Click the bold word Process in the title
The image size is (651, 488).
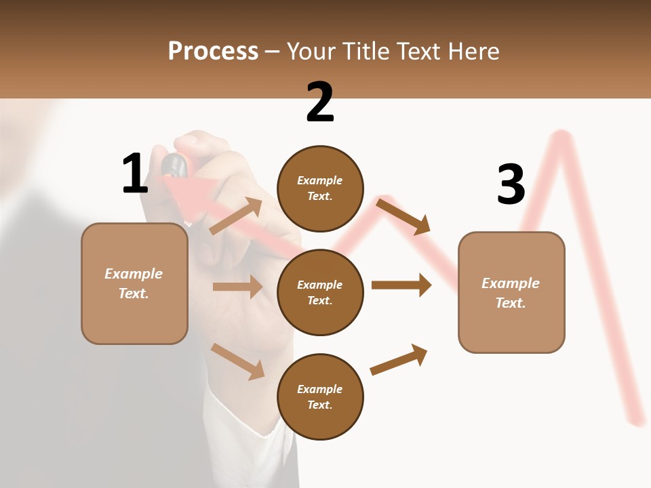213,52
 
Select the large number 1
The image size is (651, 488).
135,174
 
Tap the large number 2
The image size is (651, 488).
320,102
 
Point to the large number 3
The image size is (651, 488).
511,184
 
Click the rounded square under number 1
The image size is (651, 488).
134,283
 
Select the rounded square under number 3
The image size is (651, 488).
511,293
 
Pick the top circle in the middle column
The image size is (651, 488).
320,188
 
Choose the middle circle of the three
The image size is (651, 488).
320,292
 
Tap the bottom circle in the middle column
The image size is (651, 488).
320,396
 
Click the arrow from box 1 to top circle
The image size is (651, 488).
236,216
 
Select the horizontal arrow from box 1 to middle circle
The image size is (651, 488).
237,287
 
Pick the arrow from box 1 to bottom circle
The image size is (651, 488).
237,361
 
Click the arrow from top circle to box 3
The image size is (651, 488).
403,216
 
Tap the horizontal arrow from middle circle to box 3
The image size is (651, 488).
401,285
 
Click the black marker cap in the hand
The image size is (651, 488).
174,164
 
